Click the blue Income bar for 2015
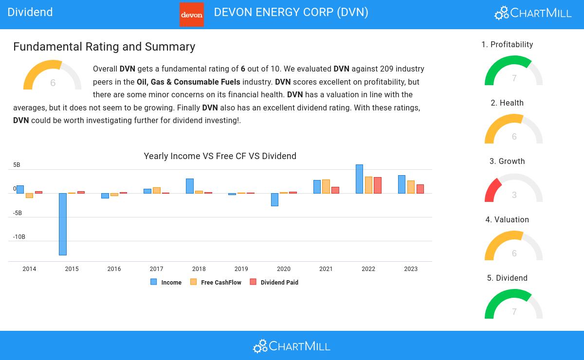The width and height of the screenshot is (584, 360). pos(63,224)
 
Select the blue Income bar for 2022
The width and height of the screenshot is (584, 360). pos(359,179)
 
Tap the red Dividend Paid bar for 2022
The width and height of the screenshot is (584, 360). pos(378,185)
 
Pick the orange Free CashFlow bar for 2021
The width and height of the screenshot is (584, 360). pos(326,186)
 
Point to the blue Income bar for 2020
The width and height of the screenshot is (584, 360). pos(274,199)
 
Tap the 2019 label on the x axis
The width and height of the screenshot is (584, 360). pos(241,269)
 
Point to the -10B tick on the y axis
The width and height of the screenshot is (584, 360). pos(19,237)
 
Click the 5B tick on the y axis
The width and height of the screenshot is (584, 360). pos(17,165)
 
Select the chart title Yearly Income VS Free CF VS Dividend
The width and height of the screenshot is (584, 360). pos(220,156)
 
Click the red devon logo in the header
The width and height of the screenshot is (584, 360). pos(192,15)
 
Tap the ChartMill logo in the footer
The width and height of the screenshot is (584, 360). pos(292,346)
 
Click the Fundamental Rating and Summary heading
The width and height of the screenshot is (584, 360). pos(104,47)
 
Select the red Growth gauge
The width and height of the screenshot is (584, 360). pos(513,189)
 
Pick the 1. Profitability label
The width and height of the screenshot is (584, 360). pos(507,44)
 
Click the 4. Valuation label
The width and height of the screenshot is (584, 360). pos(507,219)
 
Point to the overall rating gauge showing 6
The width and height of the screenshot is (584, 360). pos(53,76)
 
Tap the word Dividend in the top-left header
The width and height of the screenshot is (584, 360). pos(30,12)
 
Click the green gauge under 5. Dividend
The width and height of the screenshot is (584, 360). pos(513,305)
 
